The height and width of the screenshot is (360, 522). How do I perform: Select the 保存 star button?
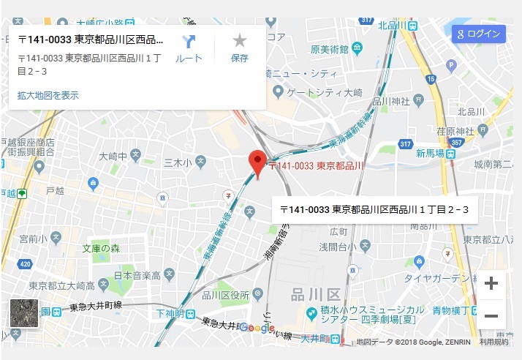click(x=240, y=48)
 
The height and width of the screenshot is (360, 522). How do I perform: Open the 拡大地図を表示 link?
click(x=48, y=95)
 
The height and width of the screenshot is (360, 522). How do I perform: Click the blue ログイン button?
click(x=479, y=34)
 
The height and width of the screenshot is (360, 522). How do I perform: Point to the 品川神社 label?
click(x=392, y=102)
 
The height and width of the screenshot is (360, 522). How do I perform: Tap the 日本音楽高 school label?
click(x=136, y=276)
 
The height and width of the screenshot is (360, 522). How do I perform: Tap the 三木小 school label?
click(x=177, y=162)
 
